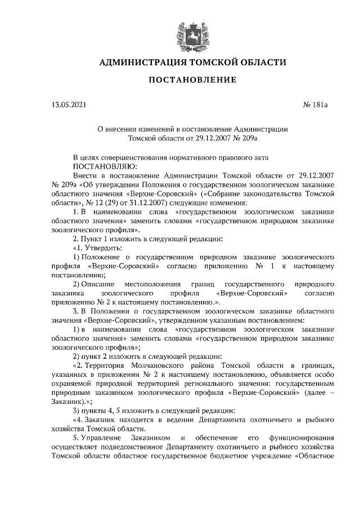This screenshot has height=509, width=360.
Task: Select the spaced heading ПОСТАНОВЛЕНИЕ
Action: pyautogui.click(x=192, y=80)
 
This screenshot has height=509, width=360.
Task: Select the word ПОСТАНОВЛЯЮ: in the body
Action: pyautogui.click(x=101, y=166)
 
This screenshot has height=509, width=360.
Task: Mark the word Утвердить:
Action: pyautogui.click(x=100, y=248)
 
